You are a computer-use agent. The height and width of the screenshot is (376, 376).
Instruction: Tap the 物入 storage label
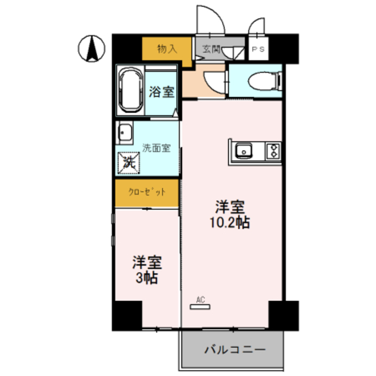click(x=167, y=49)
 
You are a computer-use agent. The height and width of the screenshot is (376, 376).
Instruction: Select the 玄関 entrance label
click(x=211, y=49)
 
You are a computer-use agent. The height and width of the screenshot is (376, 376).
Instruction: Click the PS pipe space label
click(x=258, y=50)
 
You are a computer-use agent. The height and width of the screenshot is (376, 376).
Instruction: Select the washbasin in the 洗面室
click(x=124, y=133)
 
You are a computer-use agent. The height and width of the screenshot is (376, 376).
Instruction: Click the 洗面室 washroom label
click(x=156, y=148)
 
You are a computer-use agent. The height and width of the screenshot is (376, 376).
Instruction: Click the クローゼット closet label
click(x=147, y=192)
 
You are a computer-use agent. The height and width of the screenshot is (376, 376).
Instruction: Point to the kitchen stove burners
click(x=273, y=152)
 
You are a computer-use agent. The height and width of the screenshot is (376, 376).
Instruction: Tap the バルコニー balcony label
click(x=234, y=350)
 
